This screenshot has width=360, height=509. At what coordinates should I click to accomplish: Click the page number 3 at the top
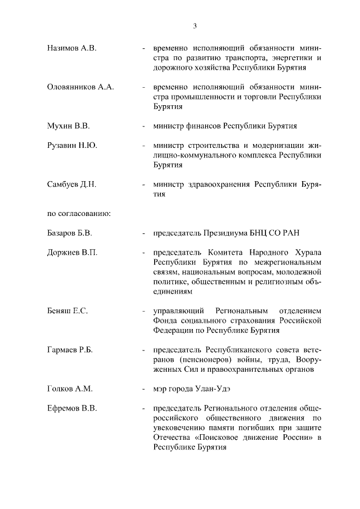click(x=195, y=25)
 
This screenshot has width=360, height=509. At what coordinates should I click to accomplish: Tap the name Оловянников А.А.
click(x=80, y=87)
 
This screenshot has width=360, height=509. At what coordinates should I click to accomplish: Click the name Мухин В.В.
click(x=69, y=125)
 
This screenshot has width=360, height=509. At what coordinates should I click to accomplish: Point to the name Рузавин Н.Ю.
click(x=72, y=145)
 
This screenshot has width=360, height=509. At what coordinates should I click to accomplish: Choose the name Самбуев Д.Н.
click(x=72, y=184)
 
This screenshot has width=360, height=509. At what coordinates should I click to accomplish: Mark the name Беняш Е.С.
click(x=67, y=310)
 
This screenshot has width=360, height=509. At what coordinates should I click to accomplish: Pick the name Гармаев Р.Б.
click(x=70, y=350)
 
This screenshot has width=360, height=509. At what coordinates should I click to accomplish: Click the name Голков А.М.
click(x=70, y=389)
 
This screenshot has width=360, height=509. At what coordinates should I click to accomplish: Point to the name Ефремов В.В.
click(x=72, y=408)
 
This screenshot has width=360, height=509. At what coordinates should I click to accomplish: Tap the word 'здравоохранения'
click(x=217, y=184)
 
